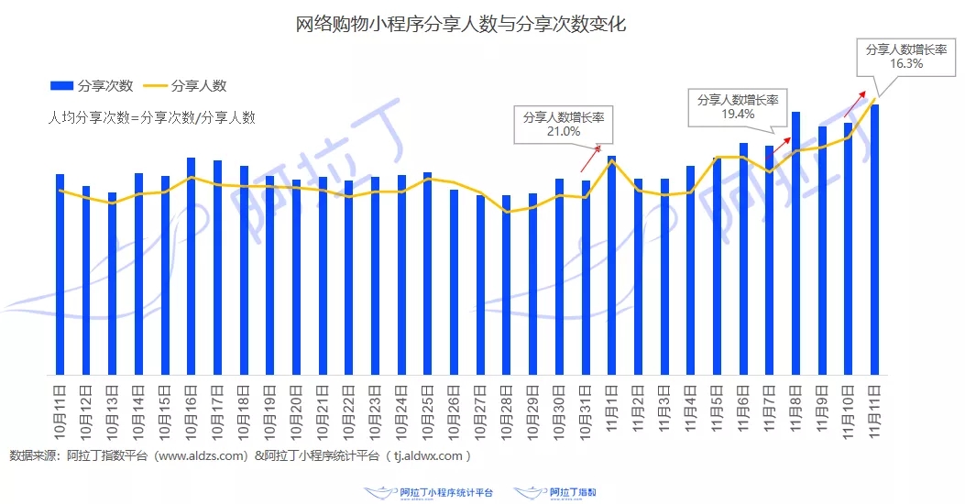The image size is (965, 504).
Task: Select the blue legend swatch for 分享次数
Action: click(61, 85)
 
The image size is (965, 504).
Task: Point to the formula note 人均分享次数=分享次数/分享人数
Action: click(151, 117)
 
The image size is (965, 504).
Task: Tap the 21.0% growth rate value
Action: click(564, 132)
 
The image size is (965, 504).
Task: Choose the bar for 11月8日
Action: click(796, 243)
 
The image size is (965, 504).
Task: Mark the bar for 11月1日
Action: click(611, 265)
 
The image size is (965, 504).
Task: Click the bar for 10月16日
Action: click(191, 266)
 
